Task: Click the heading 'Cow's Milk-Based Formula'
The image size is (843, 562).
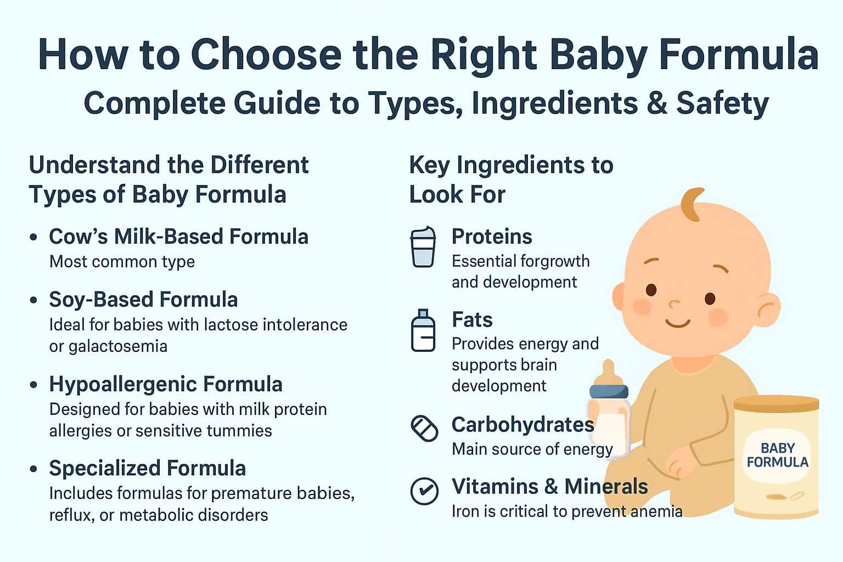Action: (x=178, y=237)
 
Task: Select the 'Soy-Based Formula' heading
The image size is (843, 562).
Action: (x=143, y=300)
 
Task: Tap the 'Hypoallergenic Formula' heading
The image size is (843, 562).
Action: (x=165, y=384)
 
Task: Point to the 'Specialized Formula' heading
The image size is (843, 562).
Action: (x=147, y=468)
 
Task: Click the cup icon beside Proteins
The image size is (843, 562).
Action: (x=423, y=248)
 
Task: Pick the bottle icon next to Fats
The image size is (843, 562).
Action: (x=423, y=330)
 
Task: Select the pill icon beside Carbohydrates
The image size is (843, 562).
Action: (x=424, y=428)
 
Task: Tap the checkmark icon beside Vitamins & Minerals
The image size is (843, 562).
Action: (x=424, y=491)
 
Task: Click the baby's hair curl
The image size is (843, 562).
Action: (x=692, y=204)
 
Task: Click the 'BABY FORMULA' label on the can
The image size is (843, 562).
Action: (x=777, y=456)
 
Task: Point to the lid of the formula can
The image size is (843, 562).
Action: (x=776, y=404)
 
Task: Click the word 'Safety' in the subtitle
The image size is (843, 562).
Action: (x=722, y=103)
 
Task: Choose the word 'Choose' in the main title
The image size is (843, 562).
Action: (x=266, y=55)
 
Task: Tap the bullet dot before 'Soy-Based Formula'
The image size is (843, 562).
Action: (x=34, y=300)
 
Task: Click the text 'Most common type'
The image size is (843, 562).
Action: (x=122, y=262)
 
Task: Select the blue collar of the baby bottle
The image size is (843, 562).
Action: (x=609, y=391)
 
